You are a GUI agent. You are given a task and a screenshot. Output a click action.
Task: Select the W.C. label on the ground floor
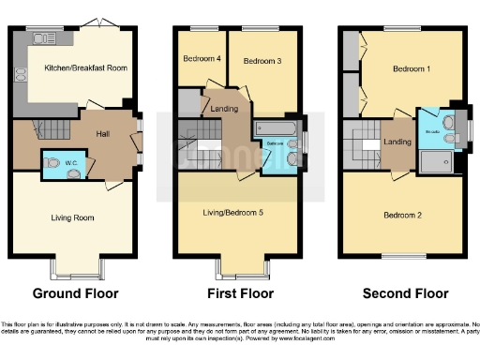[74, 164]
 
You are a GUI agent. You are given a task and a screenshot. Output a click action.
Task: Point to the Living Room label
[73, 217]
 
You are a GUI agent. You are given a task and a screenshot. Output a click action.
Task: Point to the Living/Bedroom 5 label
[232, 213]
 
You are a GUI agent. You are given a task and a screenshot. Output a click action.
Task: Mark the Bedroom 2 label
[403, 216]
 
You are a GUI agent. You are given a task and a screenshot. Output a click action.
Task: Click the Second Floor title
[402, 293]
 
